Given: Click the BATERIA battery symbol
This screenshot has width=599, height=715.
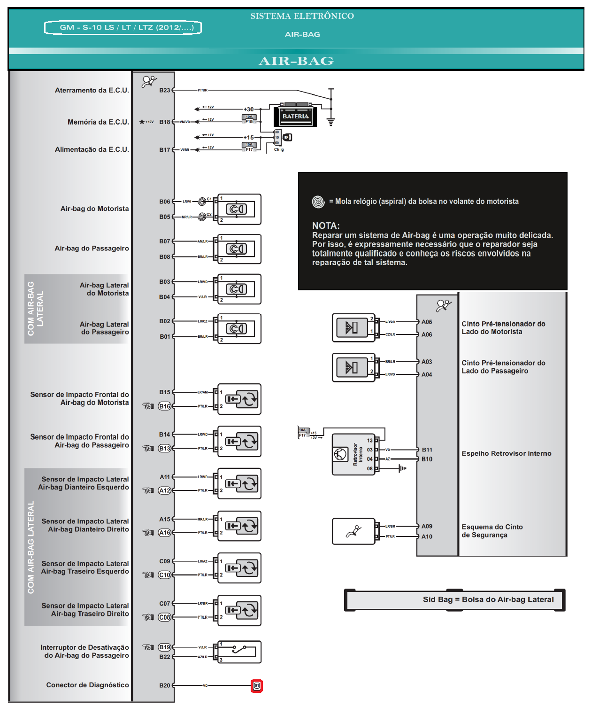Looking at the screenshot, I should coord(295,116).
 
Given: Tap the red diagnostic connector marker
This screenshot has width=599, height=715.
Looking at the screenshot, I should coord(257,685).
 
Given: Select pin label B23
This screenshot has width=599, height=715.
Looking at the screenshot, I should coord(164,90).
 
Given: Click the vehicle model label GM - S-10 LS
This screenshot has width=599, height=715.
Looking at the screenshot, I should coord(123,28).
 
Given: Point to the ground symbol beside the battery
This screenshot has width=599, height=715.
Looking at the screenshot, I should coord(331,122).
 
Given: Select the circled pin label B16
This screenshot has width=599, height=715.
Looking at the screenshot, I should coord(165,406).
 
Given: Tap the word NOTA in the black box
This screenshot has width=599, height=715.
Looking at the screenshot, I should coord(326,225).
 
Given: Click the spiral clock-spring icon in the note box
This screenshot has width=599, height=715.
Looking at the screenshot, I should coord(318,202).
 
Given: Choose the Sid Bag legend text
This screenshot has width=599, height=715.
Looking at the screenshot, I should coord(488,599).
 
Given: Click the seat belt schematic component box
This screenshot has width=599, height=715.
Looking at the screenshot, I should coord(353,531).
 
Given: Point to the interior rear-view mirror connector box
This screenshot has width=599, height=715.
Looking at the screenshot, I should coord(353,454).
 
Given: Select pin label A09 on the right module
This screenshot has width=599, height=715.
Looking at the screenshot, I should coord(427,526).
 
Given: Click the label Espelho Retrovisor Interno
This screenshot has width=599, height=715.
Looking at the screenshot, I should coord(506,453).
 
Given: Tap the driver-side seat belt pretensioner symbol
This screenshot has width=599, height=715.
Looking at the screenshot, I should coord(353,327).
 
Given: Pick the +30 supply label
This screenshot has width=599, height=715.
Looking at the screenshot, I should coord(248,109).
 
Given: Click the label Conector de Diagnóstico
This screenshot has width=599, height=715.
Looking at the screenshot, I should coord(87,685).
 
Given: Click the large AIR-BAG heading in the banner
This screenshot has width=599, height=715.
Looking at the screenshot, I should coord(296,61).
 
